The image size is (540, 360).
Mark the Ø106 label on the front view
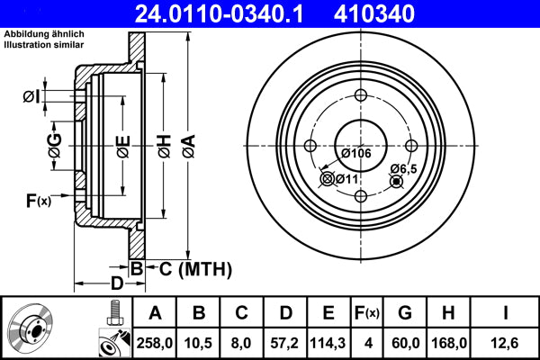pos(356,153)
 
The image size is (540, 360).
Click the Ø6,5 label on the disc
pos(402,168)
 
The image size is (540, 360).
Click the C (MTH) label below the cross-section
pos(190,268)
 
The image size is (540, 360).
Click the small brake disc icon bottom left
pos(32,329)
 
